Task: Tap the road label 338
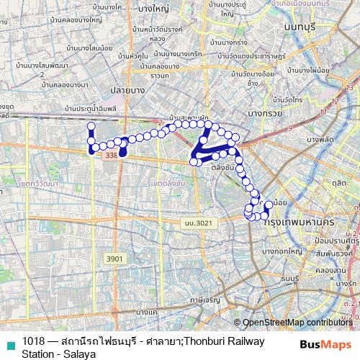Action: (x=110, y=155)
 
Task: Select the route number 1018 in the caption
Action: (x=33, y=341)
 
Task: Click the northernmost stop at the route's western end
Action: (x=91, y=126)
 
